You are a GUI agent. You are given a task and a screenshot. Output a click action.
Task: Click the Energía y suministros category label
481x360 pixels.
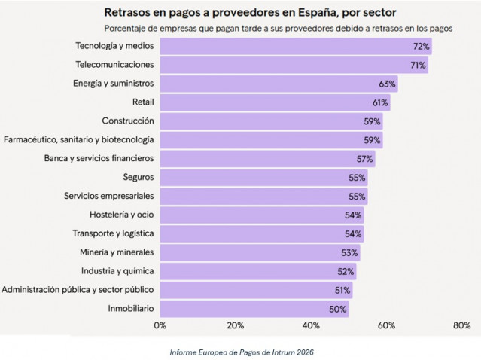(114, 84)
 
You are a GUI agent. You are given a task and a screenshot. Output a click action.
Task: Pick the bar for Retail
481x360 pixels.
(275, 102)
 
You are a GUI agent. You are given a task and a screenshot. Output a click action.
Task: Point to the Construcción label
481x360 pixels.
(127, 121)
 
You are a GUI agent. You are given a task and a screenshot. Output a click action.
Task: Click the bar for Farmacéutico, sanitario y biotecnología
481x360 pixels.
(271, 140)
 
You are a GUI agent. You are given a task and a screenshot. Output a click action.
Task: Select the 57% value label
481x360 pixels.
(364, 159)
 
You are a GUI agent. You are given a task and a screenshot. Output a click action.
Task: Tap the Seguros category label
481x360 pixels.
(138, 178)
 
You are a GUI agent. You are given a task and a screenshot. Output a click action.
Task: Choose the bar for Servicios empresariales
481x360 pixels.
(263, 197)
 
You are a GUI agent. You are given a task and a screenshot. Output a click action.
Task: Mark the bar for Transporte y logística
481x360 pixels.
(261, 233)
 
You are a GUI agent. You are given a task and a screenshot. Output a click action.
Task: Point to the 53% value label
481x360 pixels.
(349, 252)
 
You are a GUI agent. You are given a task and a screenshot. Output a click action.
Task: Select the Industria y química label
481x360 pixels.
(117, 271)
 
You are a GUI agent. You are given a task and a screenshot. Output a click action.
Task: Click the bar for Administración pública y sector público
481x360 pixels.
(256, 290)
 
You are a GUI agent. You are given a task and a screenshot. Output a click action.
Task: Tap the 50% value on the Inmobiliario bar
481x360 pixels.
(338, 309)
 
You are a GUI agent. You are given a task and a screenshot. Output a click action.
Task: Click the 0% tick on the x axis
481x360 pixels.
(160, 326)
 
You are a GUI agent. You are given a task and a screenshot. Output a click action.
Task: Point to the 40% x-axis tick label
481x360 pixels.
(310, 326)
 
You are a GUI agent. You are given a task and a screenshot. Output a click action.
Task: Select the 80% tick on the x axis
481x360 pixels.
(461, 326)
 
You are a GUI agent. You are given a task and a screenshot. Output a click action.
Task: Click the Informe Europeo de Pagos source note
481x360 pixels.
(241, 351)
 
